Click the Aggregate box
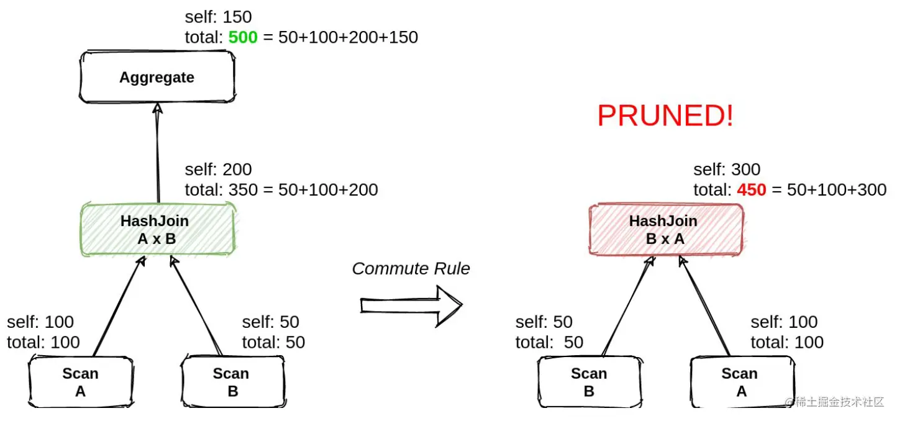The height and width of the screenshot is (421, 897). [x=157, y=78]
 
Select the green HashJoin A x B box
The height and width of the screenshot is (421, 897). [x=157, y=229]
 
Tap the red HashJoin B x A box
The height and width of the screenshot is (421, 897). [x=665, y=229]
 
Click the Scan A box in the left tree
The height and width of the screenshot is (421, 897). [x=80, y=382]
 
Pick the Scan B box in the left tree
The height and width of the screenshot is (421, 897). [x=232, y=382]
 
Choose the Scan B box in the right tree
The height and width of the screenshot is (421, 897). [x=588, y=382]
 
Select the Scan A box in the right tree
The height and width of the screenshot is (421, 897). [x=739, y=382]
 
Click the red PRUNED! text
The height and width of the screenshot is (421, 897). [x=665, y=116]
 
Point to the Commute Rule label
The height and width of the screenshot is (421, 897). [x=411, y=268]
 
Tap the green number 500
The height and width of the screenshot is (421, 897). [x=242, y=37]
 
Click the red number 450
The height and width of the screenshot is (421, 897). [x=751, y=189]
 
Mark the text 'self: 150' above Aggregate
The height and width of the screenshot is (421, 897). [x=218, y=17]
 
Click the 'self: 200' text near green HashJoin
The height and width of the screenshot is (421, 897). [x=218, y=169]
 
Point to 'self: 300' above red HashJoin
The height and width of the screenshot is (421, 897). [x=727, y=169]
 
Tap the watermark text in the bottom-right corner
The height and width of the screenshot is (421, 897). [x=834, y=402]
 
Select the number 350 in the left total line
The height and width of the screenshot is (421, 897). [x=242, y=189]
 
